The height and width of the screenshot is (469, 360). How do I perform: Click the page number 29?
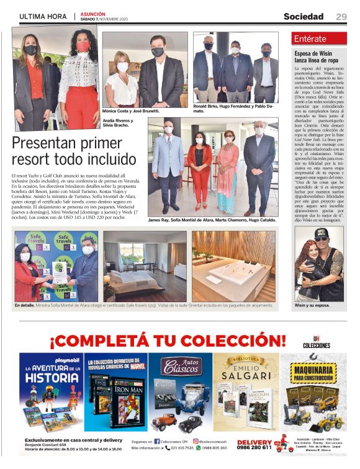coord(341,16)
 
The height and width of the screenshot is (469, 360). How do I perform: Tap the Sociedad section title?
coord(304,16)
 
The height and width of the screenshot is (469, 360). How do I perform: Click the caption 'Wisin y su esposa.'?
coord(312,306)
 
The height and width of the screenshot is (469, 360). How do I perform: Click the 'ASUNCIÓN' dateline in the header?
coord(93,13)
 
